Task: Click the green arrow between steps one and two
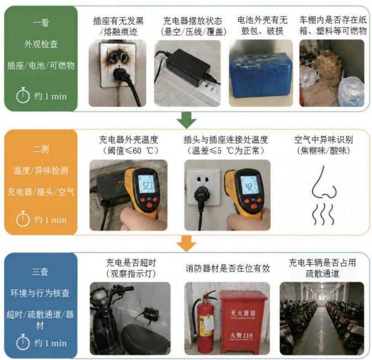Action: coord(187,120)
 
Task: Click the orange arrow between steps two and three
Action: coord(187,243)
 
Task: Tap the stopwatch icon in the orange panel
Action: coord(23,218)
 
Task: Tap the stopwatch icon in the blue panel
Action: coord(23,342)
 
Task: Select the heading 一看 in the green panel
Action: coord(41,23)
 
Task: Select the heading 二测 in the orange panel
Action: coord(41,149)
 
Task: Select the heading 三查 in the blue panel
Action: coord(40,272)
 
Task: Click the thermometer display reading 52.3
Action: coord(146,184)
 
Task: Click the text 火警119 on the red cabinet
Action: coord(242,336)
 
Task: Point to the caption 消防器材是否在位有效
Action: coord(228,268)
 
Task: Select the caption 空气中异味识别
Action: coord(323,139)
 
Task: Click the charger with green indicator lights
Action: coord(150,315)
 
